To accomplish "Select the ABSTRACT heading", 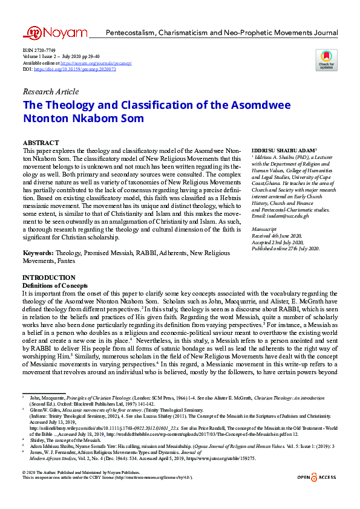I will click(41, 142).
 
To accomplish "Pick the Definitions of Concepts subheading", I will click(55, 285).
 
